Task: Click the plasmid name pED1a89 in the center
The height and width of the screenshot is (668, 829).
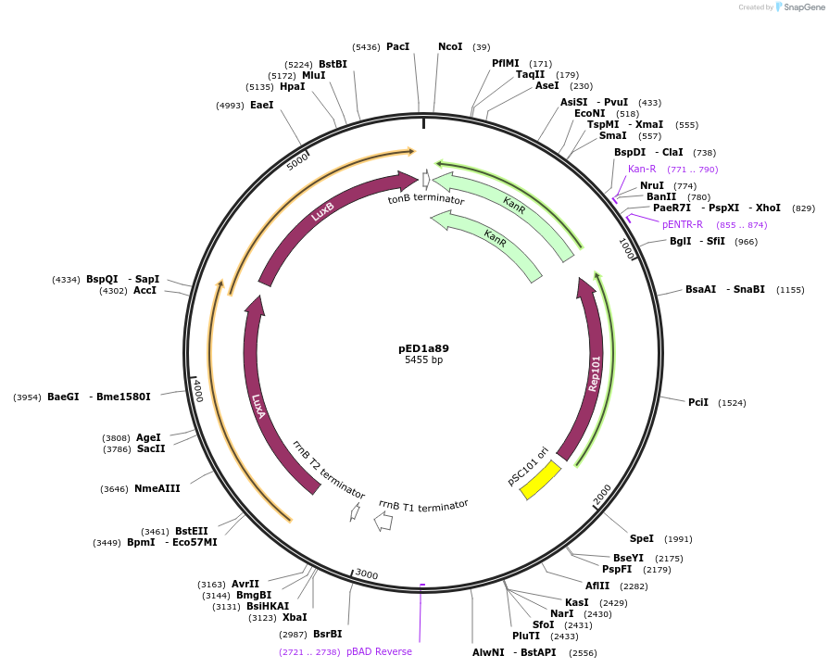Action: point(423,348)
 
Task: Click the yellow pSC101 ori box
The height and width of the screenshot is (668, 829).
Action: point(541,479)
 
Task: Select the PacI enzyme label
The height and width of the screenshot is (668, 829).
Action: point(397,46)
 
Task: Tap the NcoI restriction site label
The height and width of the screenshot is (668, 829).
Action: point(450,46)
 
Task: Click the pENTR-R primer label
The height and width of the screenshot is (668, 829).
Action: point(682,224)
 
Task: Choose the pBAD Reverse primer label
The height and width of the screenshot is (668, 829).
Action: point(379,651)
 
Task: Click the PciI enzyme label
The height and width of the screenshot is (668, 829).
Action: point(698,402)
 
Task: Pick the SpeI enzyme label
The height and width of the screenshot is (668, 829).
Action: point(642,538)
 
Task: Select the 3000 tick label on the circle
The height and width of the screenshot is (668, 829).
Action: point(367,574)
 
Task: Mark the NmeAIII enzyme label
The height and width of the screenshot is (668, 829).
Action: point(157,488)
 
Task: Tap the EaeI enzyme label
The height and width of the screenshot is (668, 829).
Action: point(262,106)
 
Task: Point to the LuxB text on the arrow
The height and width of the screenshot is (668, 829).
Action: point(322,214)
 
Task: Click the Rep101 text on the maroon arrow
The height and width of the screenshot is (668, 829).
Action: point(595,372)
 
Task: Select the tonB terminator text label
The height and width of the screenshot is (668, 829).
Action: point(426,198)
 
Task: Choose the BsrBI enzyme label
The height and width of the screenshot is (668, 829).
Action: point(327,634)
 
